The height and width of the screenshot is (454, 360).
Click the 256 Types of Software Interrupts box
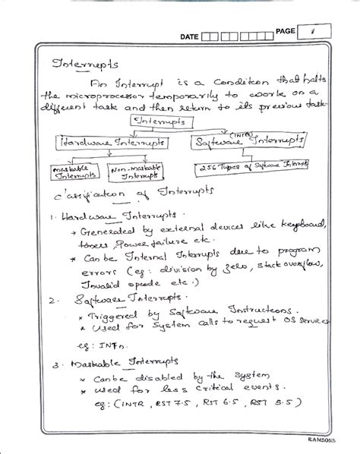click(x=258, y=166)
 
